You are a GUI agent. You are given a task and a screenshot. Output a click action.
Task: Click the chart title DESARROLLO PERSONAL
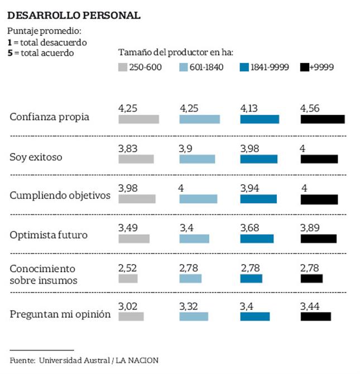coord(74,15)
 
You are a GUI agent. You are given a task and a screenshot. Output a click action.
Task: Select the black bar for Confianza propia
coord(322,119)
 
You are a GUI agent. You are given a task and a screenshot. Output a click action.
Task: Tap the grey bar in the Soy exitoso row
coord(136,159)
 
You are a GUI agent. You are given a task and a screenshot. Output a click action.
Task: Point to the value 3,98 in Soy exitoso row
coord(249,148)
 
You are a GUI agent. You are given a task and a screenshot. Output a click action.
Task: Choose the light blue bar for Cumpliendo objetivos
coord(198,199)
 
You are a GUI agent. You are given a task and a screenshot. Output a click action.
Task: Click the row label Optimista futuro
coord(49,235)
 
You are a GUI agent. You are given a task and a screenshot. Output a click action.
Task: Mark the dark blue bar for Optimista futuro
coord(257,238)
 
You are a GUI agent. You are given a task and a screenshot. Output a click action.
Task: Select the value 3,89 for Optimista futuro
coord(310,228)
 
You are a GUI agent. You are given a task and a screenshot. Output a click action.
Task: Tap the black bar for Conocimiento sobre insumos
coord(311,278)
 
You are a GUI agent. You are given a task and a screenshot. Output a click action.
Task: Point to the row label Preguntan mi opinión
coord(60,314)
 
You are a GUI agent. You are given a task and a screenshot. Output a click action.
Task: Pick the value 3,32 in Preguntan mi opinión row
coord(189,306)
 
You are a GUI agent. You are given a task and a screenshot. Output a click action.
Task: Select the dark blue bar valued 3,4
coord(255,317)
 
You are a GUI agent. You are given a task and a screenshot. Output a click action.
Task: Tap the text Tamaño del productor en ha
coord(176,53)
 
